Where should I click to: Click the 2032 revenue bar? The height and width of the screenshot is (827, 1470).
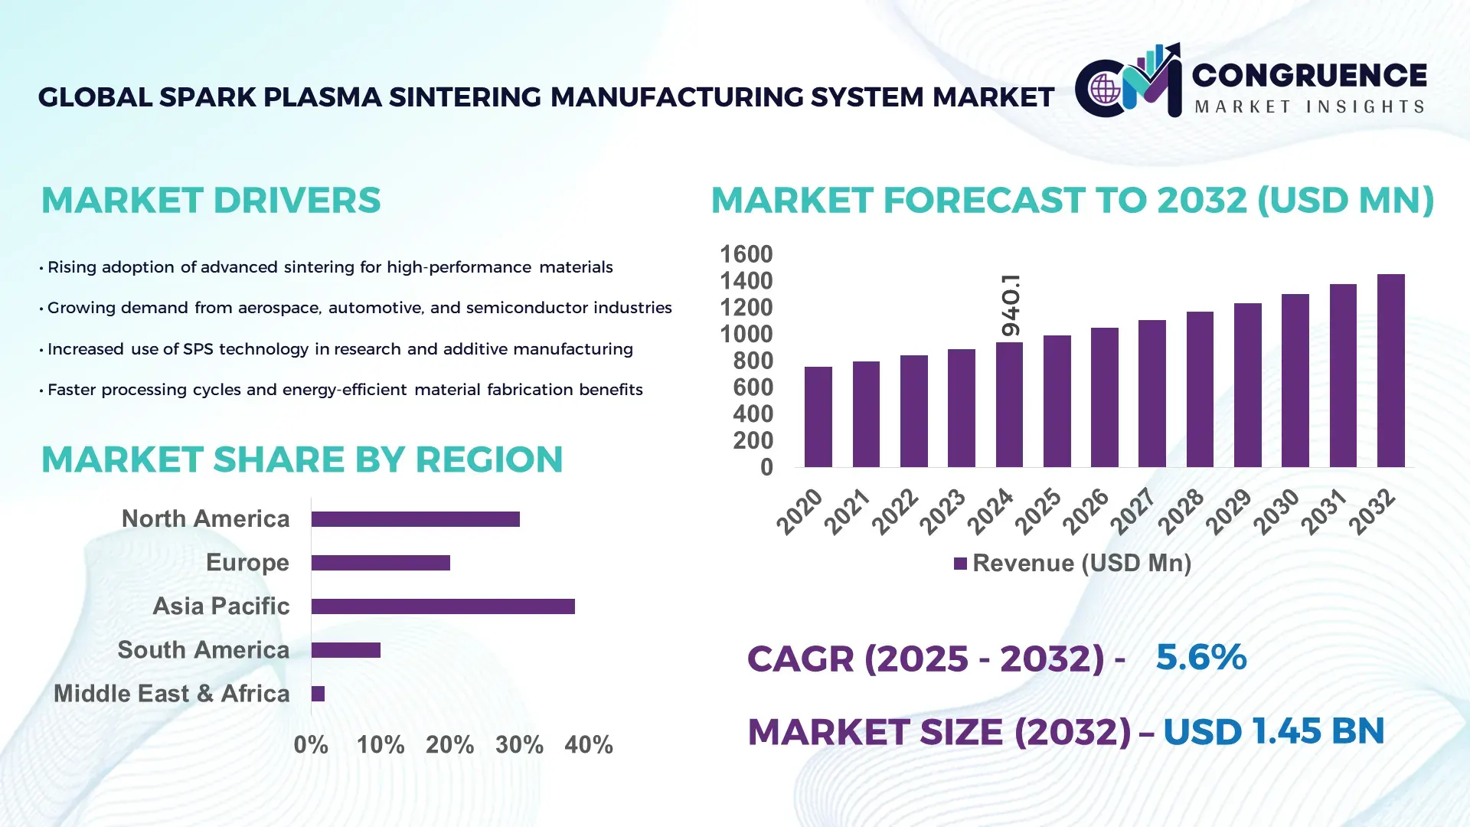coord(1390,371)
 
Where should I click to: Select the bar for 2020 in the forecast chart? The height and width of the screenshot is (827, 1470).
coord(818,417)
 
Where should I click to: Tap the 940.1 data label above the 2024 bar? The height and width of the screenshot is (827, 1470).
coord(1011,305)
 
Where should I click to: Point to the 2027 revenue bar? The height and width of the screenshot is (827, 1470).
coord(1151,394)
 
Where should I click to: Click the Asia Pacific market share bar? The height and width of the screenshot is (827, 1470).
coord(443,606)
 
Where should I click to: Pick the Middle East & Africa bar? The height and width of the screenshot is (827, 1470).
coord(318,694)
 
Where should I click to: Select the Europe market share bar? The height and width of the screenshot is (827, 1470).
coord(381,563)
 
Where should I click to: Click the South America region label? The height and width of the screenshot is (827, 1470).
coord(203,650)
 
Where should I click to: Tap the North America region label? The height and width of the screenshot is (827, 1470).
coord(205,519)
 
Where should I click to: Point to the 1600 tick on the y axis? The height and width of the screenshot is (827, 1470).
coord(746,254)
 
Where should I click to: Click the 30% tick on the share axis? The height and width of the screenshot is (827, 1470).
coord(519,744)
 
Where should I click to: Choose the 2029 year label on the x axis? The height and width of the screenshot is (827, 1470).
coord(1227,512)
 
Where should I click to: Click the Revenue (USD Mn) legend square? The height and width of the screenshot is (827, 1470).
coord(960,564)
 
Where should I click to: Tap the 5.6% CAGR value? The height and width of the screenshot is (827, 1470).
coord(1200,657)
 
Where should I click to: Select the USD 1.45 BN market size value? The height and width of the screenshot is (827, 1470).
coord(1273,731)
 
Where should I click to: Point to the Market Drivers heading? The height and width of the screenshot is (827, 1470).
coord(211,201)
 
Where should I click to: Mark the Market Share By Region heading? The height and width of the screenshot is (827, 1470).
coord(302,459)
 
